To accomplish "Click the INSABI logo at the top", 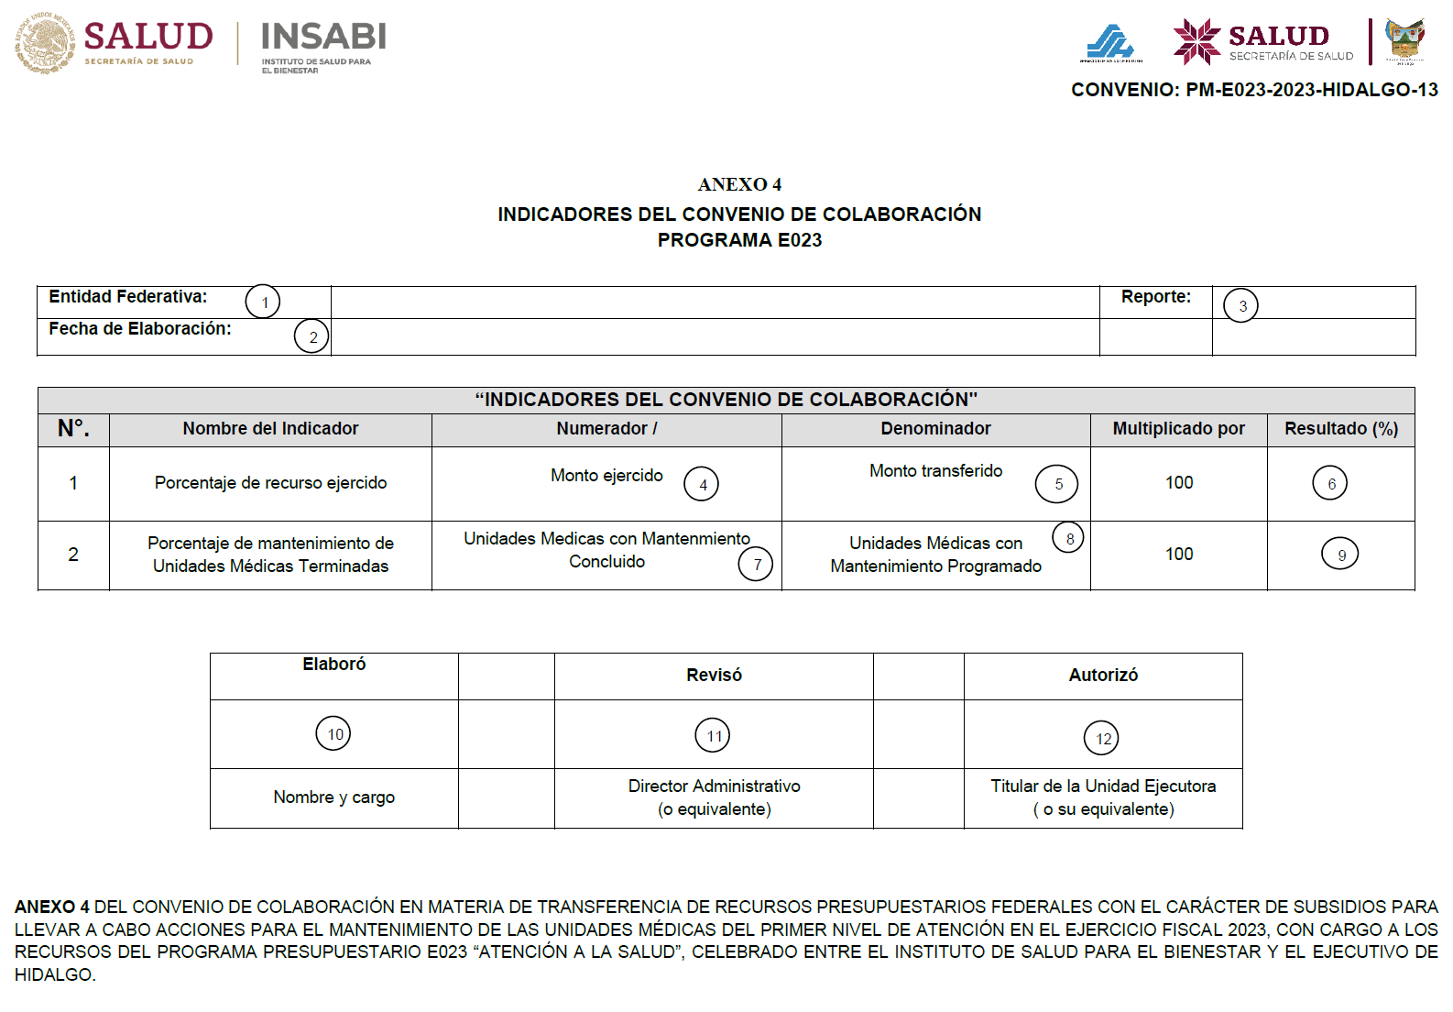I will [x=323, y=45].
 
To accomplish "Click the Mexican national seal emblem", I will [x=44, y=43].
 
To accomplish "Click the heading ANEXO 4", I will [x=739, y=184].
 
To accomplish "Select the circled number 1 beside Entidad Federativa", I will [x=263, y=302].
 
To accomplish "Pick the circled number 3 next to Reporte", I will [x=1241, y=306].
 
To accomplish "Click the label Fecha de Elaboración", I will [x=140, y=329].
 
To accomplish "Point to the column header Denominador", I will [x=935, y=429].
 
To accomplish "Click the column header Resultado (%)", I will [x=1340, y=429].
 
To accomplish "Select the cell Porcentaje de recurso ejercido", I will [x=270, y=483].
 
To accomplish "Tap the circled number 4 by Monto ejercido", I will [x=702, y=484].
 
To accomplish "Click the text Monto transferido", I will [x=935, y=471].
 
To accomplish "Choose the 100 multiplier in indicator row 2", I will [x=1179, y=555].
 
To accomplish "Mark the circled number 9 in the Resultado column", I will [x=1340, y=555].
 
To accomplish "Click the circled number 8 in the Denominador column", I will [x=1068, y=538].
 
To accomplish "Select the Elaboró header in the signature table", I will [x=334, y=665].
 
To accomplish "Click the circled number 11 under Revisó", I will [x=713, y=735].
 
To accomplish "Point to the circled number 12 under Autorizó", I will [x=1102, y=738].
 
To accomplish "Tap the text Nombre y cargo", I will [x=334, y=797].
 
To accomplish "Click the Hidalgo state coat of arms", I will [x=1404, y=41].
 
